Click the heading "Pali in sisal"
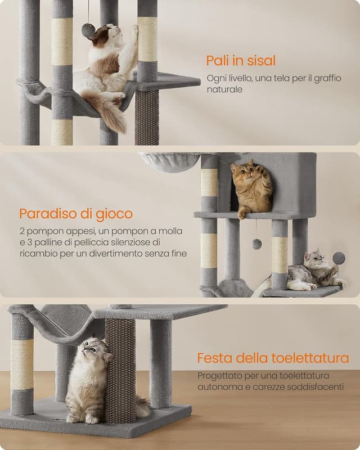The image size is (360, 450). click(241, 61)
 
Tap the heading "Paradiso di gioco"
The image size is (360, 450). click(76, 214)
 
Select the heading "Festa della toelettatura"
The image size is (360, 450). click(273, 358)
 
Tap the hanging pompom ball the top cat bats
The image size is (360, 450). click(88, 31)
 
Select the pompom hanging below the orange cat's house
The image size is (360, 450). click(256, 244)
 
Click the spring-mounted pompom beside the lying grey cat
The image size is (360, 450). click(339, 258)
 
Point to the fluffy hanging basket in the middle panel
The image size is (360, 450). click(169, 162)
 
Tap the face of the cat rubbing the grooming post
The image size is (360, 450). click(92, 352)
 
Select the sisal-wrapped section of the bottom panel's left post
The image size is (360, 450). click(22, 364)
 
